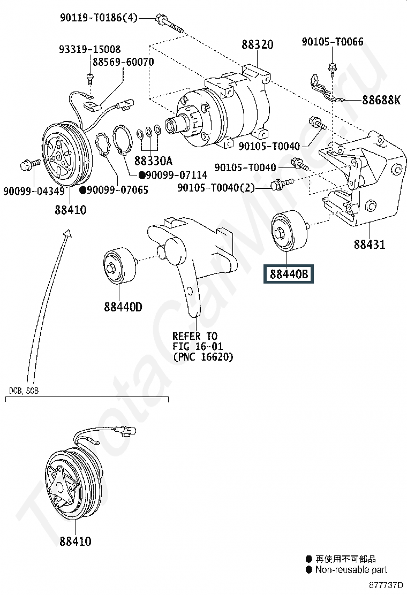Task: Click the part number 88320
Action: (x=257, y=45)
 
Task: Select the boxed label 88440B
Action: (x=289, y=274)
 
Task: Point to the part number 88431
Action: (x=369, y=246)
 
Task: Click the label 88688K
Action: (x=381, y=100)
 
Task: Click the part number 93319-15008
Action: (x=89, y=49)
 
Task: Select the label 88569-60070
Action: (x=123, y=62)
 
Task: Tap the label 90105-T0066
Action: (x=332, y=42)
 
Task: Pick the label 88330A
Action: (x=153, y=160)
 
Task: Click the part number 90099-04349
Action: (x=33, y=191)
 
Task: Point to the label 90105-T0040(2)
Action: (x=216, y=188)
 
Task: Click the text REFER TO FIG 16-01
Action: (x=195, y=341)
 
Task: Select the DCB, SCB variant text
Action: (x=24, y=391)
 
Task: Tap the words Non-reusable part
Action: (x=351, y=570)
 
